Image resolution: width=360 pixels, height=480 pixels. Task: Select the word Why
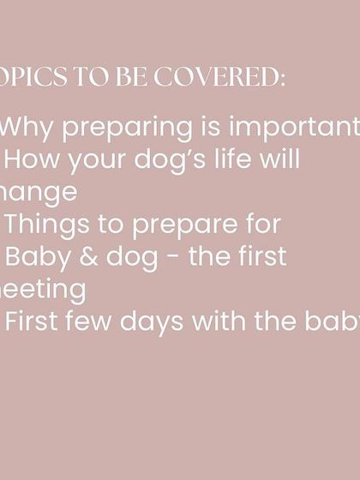tap(26, 127)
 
